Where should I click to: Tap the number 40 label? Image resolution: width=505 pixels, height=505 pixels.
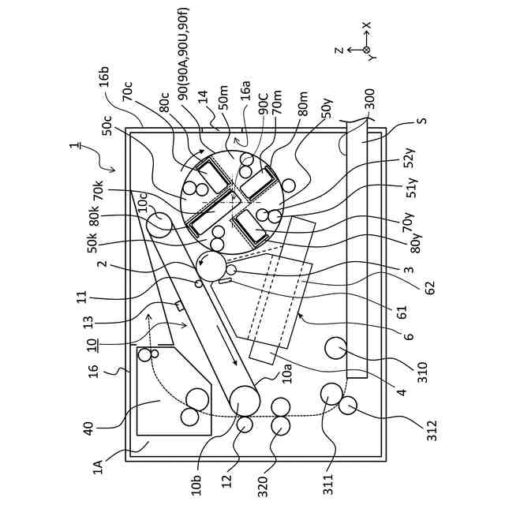pyautogui.click(x=88, y=428)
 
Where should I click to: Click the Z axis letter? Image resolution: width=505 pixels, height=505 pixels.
pyautogui.click(x=339, y=50)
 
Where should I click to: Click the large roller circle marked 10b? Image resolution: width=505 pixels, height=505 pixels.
pyautogui.click(x=245, y=398)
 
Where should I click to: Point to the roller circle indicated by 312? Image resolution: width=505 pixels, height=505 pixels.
pyautogui.click(x=347, y=406)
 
